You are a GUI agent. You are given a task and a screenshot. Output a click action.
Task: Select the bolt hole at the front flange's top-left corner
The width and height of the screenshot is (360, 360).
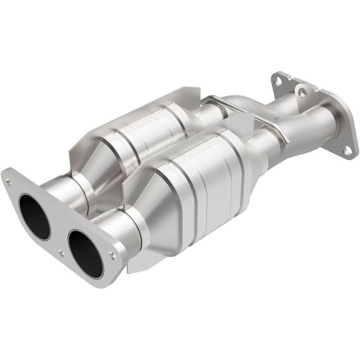click(8, 181)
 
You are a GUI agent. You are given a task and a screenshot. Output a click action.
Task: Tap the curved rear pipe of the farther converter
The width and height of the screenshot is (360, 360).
click(234, 101)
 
